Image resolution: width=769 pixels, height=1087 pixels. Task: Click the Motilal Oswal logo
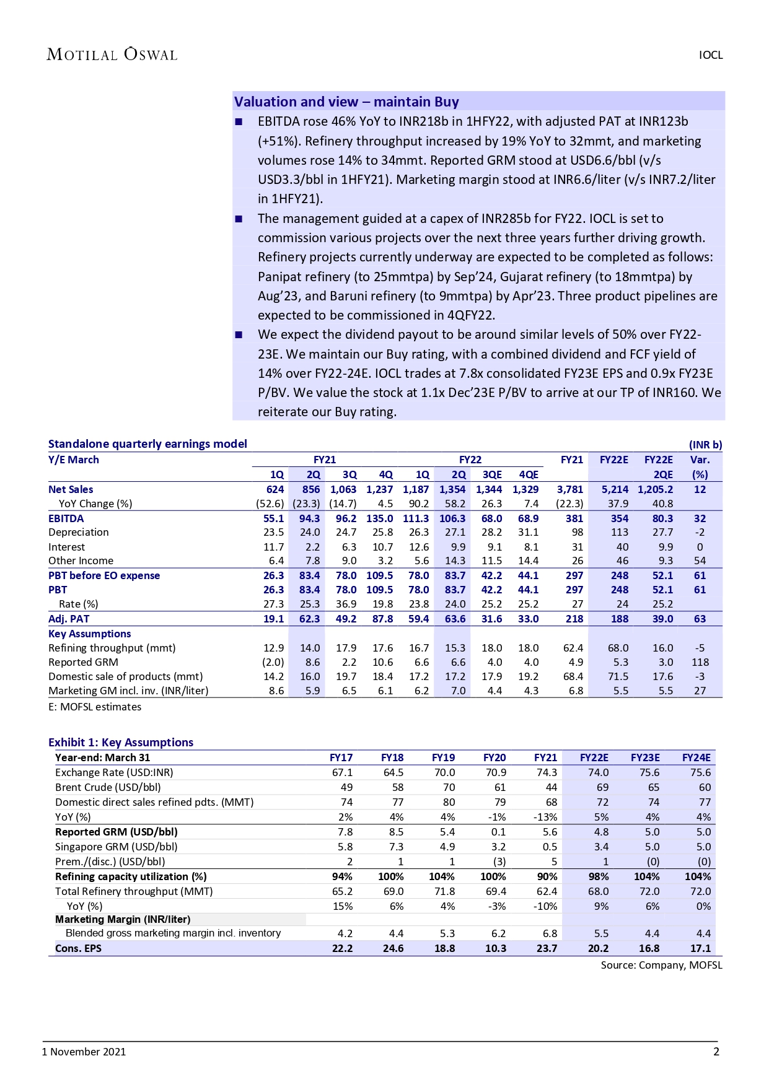112,55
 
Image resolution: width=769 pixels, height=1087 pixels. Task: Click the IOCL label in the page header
711,55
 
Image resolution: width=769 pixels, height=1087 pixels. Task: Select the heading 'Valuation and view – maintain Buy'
346,102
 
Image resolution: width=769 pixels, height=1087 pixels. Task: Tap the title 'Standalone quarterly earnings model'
147,443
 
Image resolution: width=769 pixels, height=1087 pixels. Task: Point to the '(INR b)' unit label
705,445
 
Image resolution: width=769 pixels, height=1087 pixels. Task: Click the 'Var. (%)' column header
700,467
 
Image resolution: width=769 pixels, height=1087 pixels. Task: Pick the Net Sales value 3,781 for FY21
570,489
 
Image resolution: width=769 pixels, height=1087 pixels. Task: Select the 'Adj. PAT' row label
69,619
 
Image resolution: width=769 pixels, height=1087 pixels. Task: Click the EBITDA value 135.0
379,518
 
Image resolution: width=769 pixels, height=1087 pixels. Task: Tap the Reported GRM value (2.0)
271,662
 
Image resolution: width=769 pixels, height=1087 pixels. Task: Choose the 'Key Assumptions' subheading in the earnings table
90,634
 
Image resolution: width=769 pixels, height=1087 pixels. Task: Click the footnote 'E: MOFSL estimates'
95,707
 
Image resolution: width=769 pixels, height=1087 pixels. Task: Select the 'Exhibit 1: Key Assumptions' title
121,742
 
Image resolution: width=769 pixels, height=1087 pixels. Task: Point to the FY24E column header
696,757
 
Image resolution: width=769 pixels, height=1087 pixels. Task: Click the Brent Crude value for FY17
346,787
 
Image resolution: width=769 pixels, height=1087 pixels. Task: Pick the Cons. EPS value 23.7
547,948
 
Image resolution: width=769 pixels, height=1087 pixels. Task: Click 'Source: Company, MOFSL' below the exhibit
661,965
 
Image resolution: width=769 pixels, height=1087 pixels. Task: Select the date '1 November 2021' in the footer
84,1052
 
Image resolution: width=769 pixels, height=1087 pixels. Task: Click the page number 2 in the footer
716,1051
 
